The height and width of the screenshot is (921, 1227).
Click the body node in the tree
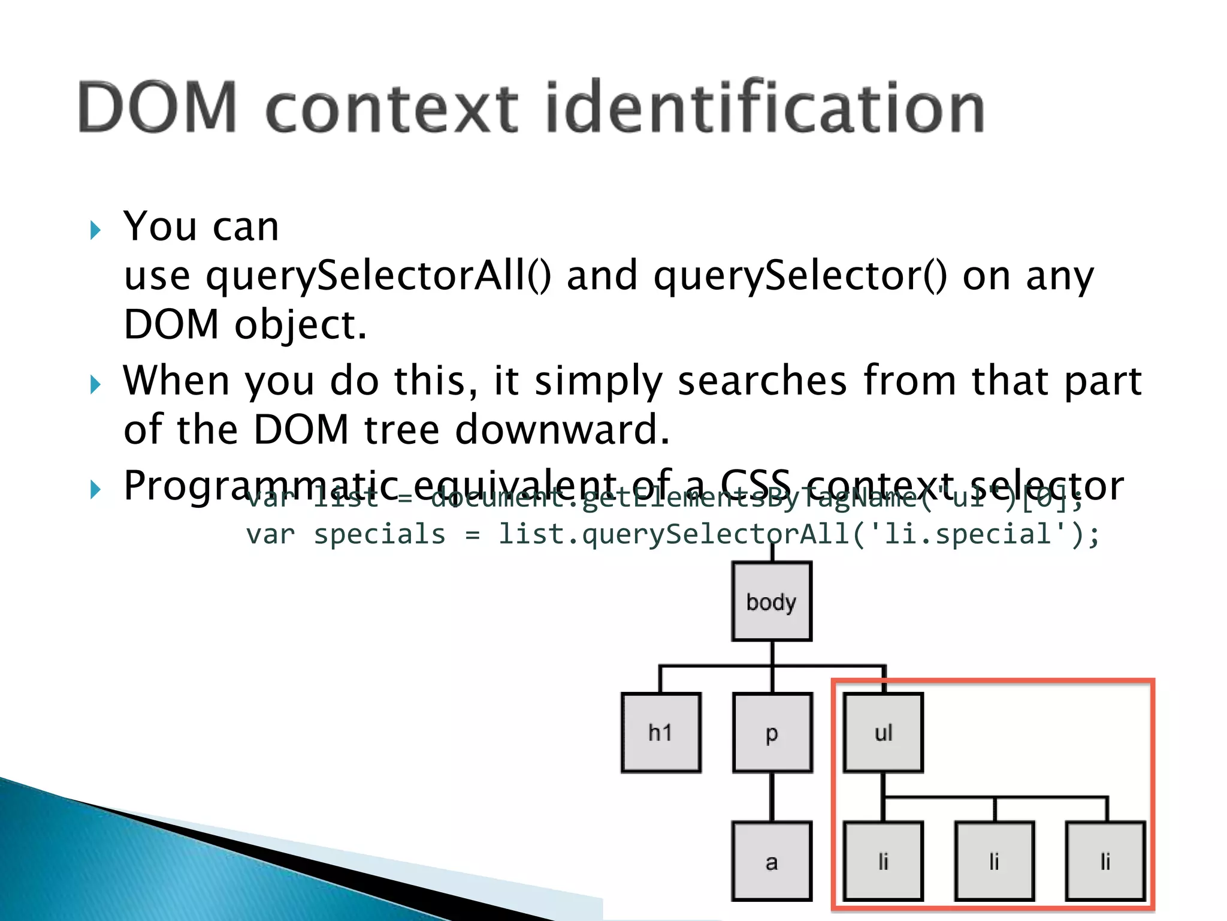tap(771, 601)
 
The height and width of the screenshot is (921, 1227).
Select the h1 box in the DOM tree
tap(661, 732)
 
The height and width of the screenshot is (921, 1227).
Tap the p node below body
tap(772, 732)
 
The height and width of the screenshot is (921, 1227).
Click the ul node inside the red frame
tap(883, 732)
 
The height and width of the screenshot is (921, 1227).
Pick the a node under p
tap(772, 862)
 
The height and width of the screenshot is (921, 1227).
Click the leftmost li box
tap(883, 862)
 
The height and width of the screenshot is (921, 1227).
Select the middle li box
tap(995, 862)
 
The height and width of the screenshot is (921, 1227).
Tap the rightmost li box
tap(1105, 862)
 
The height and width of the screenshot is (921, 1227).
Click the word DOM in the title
tap(157, 108)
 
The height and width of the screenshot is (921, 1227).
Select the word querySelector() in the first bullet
tap(800, 276)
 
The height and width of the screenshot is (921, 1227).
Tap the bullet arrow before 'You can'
tap(95, 230)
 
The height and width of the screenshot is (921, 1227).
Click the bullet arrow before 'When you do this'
tap(95, 384)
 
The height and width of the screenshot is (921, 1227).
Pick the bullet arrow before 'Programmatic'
tap(95, 489)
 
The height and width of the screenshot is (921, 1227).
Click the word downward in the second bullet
tap(561, 430)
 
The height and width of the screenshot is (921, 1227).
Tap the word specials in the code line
tap(380, 534)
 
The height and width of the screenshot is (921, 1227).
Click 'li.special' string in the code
tap(968, 534)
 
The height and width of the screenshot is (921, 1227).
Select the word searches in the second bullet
tap(762, 381)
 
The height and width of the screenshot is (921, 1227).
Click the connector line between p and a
tap(772, 797)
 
